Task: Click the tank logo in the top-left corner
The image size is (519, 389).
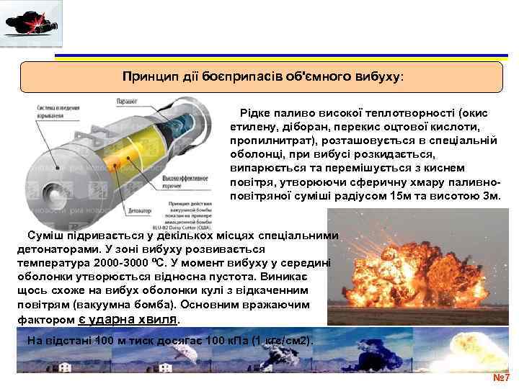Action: click(x=31, y=24)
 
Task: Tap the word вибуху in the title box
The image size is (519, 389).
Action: click(x=378, y=76)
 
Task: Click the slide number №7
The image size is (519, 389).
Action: click(x=500, y=378)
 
